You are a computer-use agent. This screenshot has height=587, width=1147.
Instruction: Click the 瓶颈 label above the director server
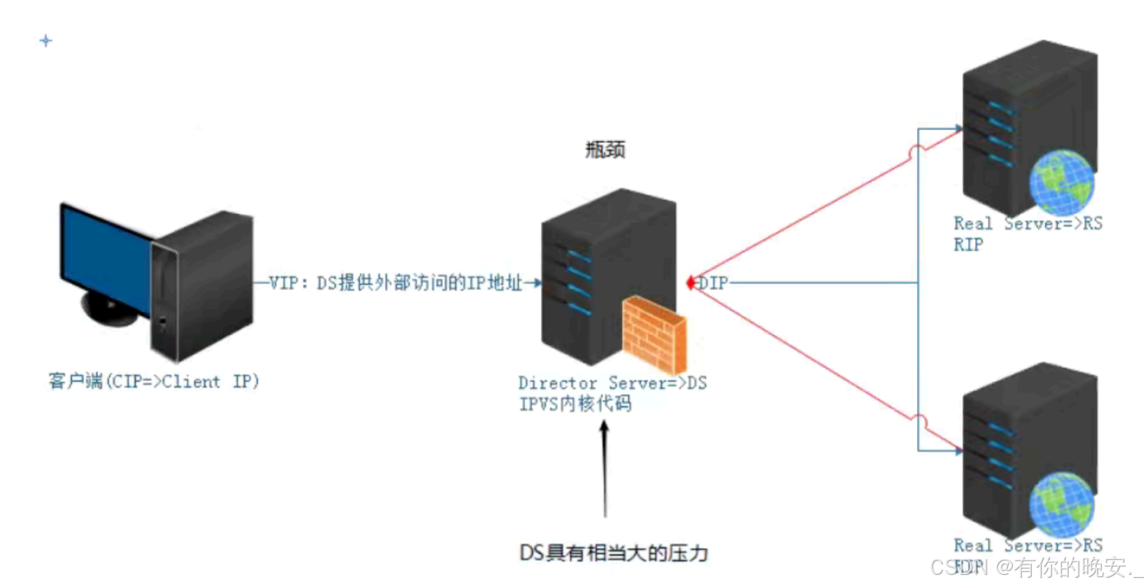tap(605, 151)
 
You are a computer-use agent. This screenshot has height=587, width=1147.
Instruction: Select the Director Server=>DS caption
tap(612, 384)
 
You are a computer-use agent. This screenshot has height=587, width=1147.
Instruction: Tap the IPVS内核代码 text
tap(575, 405)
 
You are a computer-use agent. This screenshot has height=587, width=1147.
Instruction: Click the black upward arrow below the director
tap(605, 467)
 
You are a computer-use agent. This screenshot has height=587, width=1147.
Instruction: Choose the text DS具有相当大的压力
tap(614, 552)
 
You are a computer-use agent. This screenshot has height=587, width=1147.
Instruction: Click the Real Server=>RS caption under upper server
tap(1027, 224)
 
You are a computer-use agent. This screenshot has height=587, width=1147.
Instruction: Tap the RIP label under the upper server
tap(968, 244)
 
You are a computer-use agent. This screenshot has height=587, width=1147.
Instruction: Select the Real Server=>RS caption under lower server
tap(1027, 545)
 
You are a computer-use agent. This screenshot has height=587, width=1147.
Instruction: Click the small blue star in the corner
tap(46, 41)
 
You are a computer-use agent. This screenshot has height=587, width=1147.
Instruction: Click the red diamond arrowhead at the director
tap(688, 283)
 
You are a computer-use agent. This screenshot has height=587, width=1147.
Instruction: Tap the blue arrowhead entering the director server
tap(535, 283)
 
